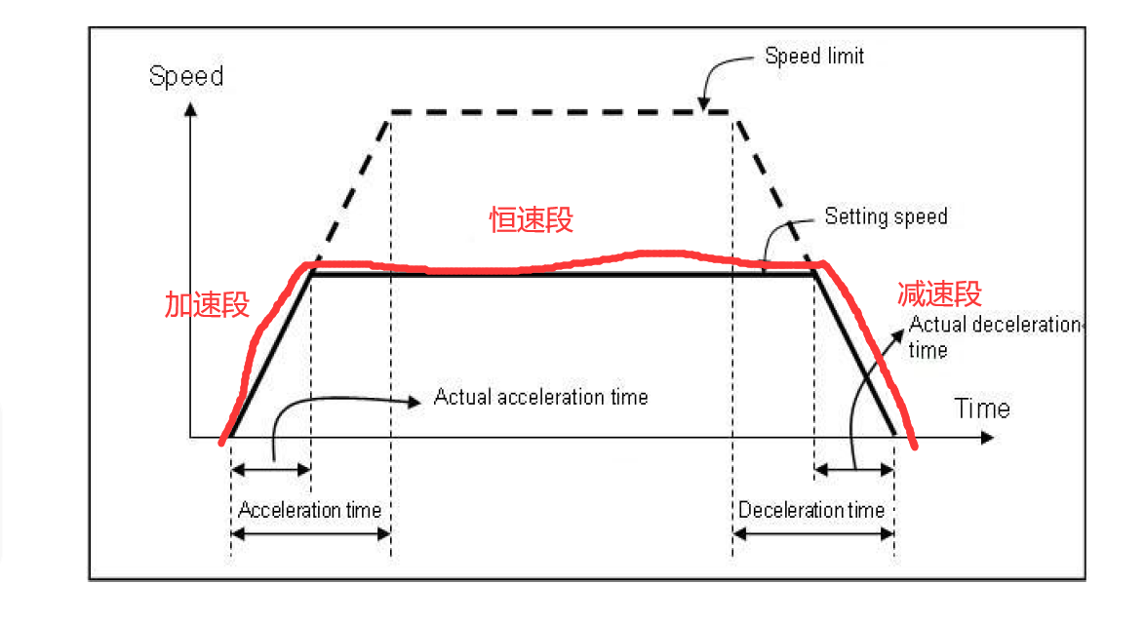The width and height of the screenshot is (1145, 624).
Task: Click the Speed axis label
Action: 186,76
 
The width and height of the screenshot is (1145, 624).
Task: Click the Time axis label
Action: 981,408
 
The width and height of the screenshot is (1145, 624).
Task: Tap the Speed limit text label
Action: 814,56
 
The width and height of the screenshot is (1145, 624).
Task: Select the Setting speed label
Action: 886,215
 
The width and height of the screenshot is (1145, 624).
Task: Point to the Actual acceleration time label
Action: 540,397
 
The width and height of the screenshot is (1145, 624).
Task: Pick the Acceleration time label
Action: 309,510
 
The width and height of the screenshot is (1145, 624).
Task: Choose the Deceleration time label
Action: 810,510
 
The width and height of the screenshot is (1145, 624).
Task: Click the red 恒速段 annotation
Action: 531,220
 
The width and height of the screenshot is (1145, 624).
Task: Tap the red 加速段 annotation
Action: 207,305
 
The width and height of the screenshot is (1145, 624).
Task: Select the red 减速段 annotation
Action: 939,293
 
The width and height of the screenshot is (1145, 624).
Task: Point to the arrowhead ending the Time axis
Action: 988,438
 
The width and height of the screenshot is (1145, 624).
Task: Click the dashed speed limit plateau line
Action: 561,112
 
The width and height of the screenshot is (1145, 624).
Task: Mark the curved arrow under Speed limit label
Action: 722,76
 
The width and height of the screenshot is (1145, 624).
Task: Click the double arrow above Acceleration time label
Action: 271,470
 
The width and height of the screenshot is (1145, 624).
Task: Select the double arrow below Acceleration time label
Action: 310,532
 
